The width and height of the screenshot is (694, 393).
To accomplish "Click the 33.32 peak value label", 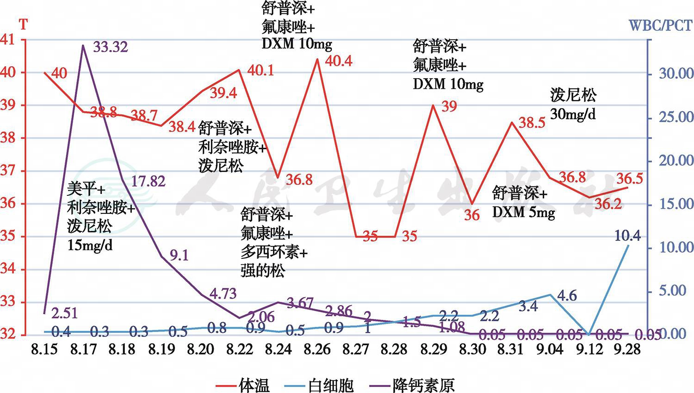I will (x=110, y=47).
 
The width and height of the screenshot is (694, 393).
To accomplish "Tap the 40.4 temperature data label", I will (x=339, y=61).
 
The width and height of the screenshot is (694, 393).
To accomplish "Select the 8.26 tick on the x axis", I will (x=317, y=349).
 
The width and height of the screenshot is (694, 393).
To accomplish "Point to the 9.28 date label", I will (x=627, y=349).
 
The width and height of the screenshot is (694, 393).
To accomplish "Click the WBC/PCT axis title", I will (x=660, y=25).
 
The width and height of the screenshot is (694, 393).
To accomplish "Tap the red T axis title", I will (x=24, y=24).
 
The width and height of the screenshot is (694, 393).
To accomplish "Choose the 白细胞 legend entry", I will (x=330, y=385).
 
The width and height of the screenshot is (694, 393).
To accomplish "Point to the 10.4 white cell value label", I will (x=627, y=236).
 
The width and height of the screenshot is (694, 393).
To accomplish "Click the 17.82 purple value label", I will (x=148, y=181).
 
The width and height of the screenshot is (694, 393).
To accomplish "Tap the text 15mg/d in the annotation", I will (x=90, y=245).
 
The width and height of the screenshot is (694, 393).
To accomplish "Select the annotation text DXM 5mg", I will (x=523, y=212).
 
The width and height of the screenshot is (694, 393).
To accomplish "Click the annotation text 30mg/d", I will (x=573, y=113).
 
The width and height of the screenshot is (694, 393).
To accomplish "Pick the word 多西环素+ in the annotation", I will (x=274, y=253).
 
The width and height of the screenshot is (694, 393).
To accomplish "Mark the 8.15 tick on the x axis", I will (x=45, y=349).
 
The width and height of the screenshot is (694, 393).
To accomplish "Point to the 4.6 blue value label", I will (x=567, y=295).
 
